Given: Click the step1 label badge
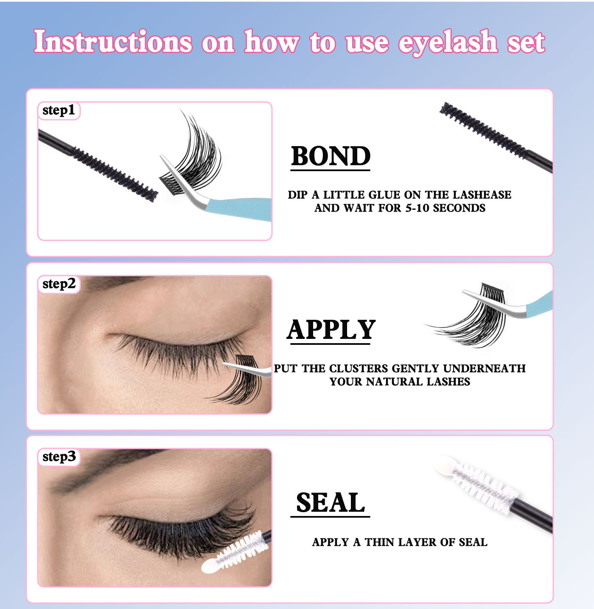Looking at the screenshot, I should [x=59, y=110].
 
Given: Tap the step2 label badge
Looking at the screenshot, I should [x=59, y=284].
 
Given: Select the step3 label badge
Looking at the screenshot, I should [x=59, y=457].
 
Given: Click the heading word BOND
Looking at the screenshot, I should [x=331, y=156].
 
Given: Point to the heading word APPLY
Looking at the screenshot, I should [x=331, y=330].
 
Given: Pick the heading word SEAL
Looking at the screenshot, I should [x=331, y=503].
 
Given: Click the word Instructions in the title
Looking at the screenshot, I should [x=113, y=42].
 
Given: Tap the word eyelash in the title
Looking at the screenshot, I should [x=448, y=43].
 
